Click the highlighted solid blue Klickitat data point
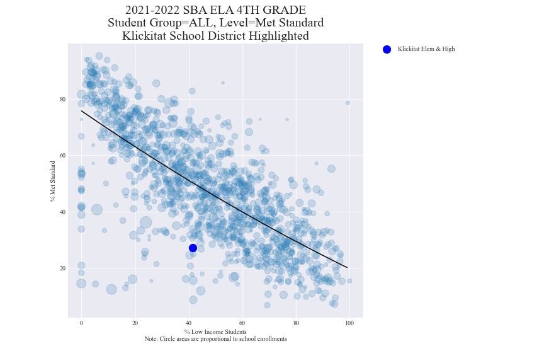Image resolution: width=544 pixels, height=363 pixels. [x=193, y=248]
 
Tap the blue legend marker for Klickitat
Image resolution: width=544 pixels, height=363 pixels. [x=387, y=49]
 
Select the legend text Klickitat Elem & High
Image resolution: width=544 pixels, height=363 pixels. [x=426, y=49]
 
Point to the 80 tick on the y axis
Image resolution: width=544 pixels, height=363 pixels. [x=63, y=99]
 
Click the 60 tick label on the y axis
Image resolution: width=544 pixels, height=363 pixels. [x=63, y=156]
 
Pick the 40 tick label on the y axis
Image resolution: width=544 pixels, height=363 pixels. [x=63, y=212]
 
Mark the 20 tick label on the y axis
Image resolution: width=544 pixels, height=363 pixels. [x=63, y=268]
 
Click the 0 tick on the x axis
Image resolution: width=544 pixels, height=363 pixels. [x=81, y=323]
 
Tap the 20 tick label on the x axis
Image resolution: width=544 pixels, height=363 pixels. [x=135, y=323]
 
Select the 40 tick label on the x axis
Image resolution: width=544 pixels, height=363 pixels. [x=188, y=323]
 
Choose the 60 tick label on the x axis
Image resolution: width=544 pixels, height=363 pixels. [x=242, y=323]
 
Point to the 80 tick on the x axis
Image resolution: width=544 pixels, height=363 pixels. [x=296, y=323]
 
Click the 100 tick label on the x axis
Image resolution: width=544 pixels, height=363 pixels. [x=349, y=323]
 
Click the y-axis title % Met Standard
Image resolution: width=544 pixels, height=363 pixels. [x=53, y=181]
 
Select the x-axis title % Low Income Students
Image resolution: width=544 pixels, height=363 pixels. [x=215, y=331]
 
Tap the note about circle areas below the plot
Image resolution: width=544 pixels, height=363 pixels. [x=215, y=339]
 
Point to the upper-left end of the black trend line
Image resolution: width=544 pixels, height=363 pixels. [x=82, y=111]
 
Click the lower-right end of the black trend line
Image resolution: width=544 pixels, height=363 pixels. [x=346, y=267]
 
